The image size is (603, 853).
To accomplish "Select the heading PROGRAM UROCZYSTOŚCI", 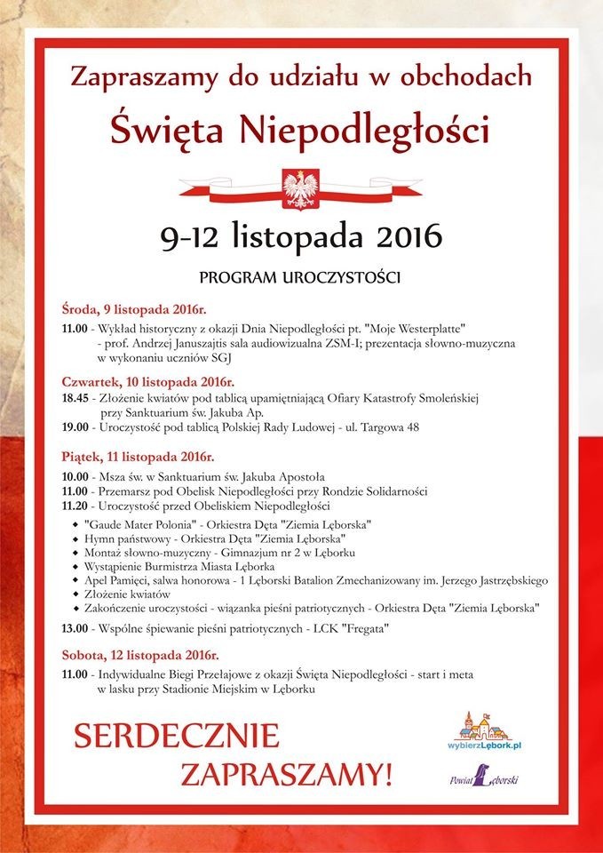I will click(x=300, y=277).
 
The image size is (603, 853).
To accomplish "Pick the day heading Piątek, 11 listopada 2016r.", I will click(x=138, y=458).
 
